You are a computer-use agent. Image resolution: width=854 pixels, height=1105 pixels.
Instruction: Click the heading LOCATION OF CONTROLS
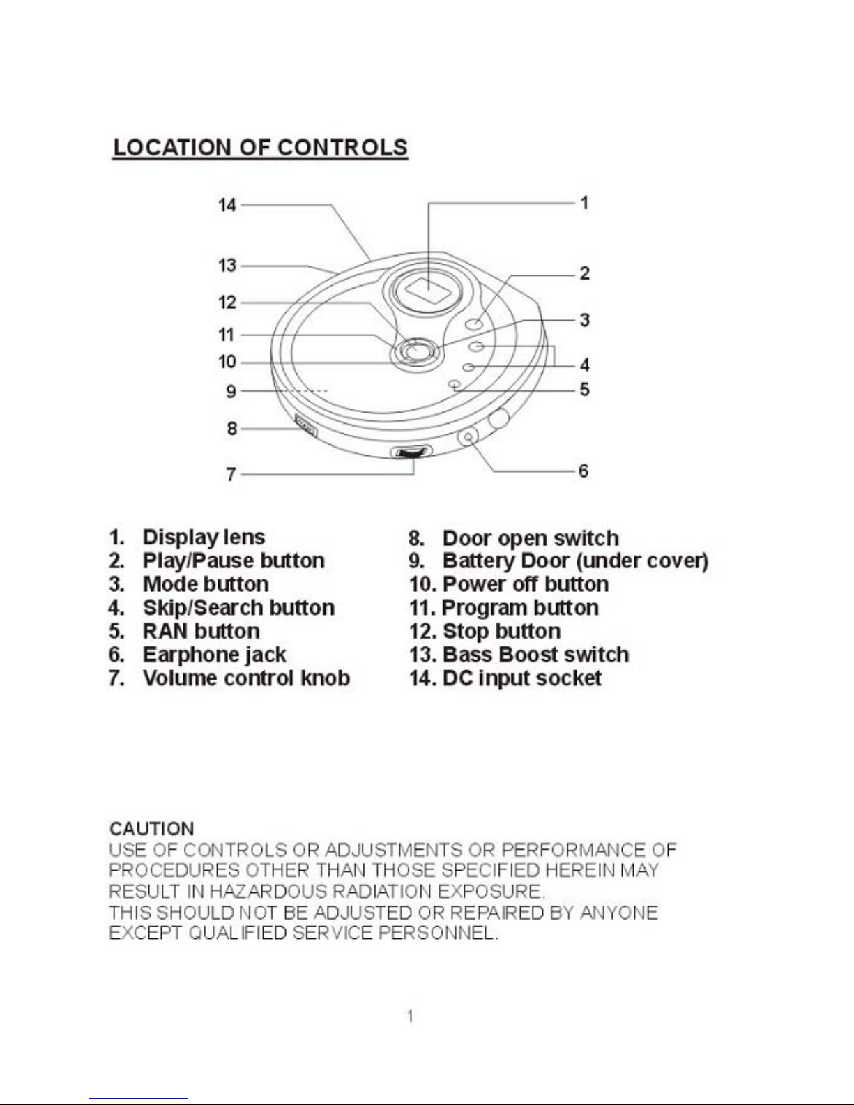(260, 148)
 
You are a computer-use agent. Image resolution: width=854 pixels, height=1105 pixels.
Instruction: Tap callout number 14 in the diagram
(227, 205)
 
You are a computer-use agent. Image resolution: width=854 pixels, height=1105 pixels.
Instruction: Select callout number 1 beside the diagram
(584, 203)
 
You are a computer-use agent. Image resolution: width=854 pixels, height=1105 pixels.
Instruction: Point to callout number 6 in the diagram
(584, 471)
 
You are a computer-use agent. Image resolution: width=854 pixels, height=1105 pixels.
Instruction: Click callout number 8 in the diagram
(232, 428)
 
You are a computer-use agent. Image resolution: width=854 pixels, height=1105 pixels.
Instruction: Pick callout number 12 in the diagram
(227, 303)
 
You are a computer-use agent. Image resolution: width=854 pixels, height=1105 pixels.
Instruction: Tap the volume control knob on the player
(411, 452)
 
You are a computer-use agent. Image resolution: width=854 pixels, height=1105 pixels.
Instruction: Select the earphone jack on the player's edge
(468, 436)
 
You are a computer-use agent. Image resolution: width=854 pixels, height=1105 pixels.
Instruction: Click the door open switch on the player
(305, 425)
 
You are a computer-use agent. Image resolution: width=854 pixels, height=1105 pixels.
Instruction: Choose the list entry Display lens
(204, 538)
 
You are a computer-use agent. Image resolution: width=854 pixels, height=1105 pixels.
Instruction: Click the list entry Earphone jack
(214, 655)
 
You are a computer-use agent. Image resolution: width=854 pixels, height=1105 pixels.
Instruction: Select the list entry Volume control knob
(246, 678)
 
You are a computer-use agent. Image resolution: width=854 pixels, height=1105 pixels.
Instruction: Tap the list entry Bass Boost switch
(535, 655)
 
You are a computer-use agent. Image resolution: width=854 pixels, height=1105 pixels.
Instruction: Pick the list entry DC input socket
(521, 678)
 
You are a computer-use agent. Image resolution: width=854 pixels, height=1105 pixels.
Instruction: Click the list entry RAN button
(201, 631)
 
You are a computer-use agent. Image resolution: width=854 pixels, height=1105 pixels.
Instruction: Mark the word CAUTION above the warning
(152, 829)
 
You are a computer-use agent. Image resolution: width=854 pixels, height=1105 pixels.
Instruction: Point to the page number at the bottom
(411, 1016)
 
